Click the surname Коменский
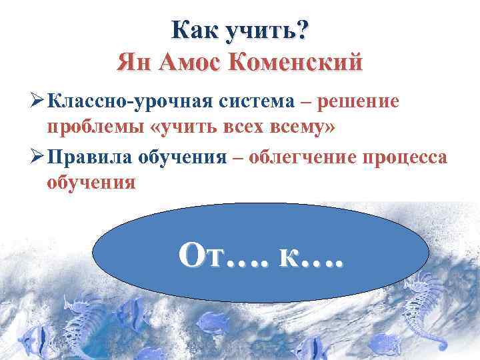point(296,63)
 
